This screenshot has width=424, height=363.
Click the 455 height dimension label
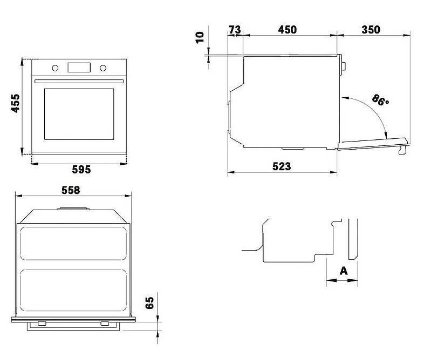(16, 103)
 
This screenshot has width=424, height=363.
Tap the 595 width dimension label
(81, 170)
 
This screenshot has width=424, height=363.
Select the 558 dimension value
(71, 190)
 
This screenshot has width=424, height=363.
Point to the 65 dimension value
(149, 302)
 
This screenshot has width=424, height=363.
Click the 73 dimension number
(235, 30)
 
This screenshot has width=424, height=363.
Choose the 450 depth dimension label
(288, 30)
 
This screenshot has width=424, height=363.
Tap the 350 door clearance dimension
(371, 30)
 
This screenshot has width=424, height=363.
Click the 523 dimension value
(282, 166)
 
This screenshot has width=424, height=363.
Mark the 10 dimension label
(200, 37)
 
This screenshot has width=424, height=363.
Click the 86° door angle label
(380, 100)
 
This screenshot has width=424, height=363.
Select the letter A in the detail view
(344, 271)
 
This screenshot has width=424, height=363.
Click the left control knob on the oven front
(55, 68)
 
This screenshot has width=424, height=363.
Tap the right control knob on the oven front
(102, 68)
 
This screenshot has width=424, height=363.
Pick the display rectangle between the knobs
(79, 68)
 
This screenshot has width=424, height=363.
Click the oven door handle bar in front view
(79, 81)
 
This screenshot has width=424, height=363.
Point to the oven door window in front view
(79, 114)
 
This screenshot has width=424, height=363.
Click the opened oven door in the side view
(373, 144)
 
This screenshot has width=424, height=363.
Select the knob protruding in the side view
(344, 66)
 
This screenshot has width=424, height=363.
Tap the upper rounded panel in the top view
(73, 244)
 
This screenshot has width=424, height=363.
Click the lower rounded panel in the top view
(73, 290)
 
